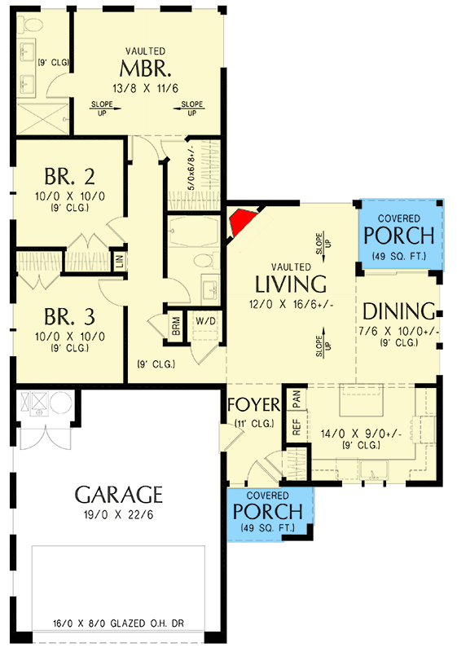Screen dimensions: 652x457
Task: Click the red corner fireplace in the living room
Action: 242,221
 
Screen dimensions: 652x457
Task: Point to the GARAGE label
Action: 119,494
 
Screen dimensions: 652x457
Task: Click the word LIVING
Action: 291,284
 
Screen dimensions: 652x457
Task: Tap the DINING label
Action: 397,311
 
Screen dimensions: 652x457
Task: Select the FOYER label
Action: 253,405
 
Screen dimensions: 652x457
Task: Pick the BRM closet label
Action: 176,326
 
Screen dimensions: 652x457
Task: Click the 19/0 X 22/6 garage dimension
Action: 119,515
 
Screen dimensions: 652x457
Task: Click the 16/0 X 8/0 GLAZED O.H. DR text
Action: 119,622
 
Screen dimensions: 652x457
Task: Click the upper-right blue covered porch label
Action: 399,235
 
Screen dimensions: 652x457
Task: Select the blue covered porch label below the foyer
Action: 268,511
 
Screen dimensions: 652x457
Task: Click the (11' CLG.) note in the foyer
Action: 253,422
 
